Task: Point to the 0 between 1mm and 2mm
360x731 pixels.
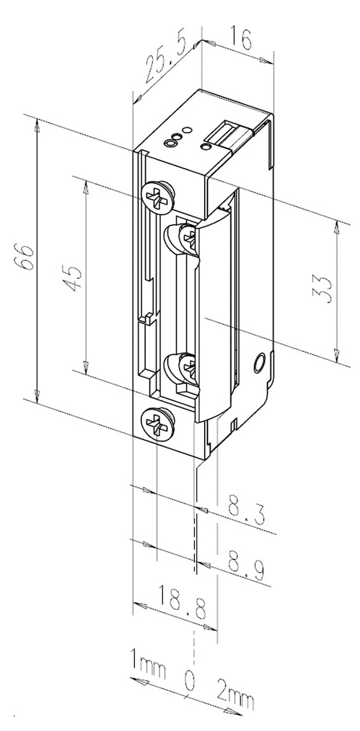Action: [190, 681]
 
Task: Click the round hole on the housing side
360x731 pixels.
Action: [259, 363]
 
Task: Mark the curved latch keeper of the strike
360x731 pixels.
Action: [214, 312]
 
